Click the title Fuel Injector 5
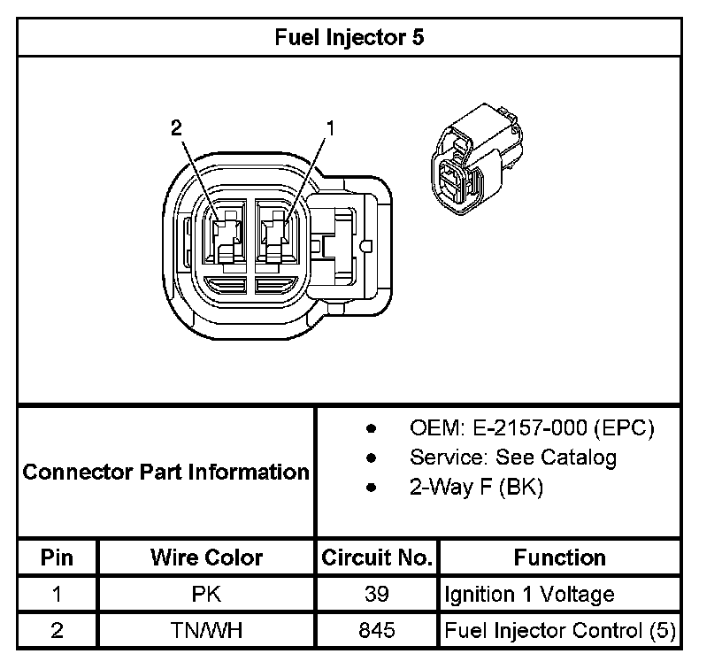[349, 38]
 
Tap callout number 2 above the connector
[176, 128]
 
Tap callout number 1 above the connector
[330, 128]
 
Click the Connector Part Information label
[165, 472]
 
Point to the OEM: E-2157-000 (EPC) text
[531, 428]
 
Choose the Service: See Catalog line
[512, 458]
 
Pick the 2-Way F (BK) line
[476, 487]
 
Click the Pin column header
[57, 557]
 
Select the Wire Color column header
[206, 557]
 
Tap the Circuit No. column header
[376, 557]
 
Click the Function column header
[559, 557]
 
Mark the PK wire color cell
[206, 594]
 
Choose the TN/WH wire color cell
[206, 631]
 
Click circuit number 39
[376, 594]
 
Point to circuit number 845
[376, 631]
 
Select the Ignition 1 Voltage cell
[528, 594]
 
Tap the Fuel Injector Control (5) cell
[559, 631]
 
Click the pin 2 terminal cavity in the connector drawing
[228, 233]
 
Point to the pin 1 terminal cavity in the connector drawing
[278, 233]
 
